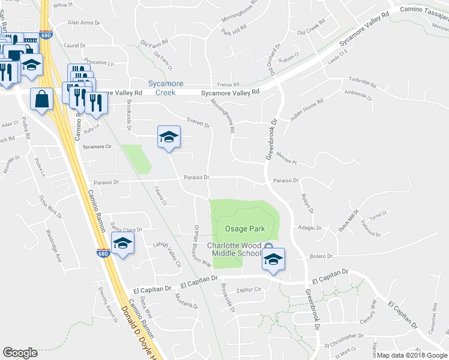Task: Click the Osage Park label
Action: pos(244,229)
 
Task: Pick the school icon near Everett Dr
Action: pos(169,137)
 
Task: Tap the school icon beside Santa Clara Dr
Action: pos(122,243)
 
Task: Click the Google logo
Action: pos(20,353)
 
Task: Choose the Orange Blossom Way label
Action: pos(203,246)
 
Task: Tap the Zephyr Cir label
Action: pos(250,289)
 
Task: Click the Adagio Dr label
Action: pos(310,228)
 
